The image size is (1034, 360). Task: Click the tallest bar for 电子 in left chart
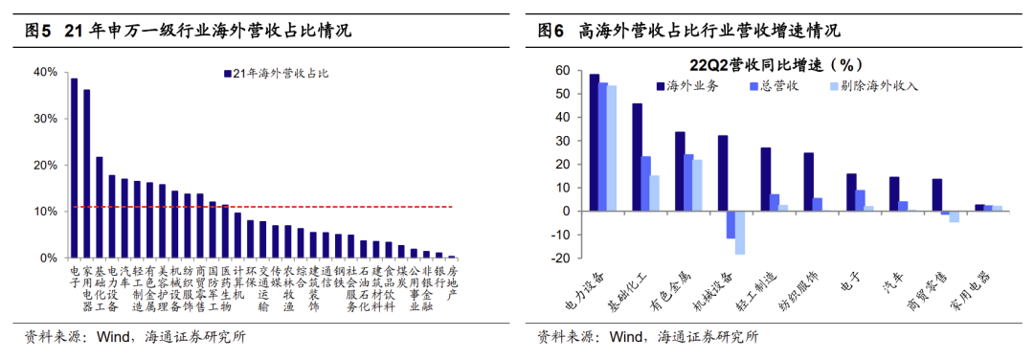74,169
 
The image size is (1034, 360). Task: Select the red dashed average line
263,207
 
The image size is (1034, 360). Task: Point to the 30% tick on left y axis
51,119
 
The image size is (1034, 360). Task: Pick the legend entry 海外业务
686,86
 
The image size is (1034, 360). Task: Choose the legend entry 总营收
775,86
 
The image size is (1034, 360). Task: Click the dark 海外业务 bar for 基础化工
637,157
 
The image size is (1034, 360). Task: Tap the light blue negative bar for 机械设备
740,233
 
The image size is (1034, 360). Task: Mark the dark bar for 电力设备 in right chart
595,143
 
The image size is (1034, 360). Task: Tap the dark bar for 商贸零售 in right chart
936,195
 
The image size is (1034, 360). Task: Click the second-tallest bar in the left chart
86,173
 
